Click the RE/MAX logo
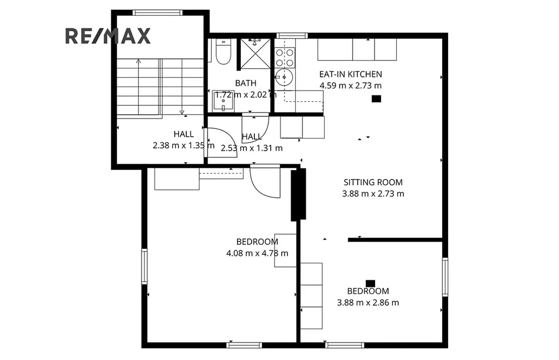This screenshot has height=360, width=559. click(x=108, y=36)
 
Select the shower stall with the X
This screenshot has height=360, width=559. click(x=255, y=53)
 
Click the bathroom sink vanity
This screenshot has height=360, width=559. click(x=223, y=101)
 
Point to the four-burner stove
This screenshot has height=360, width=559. click(x=285, y=58)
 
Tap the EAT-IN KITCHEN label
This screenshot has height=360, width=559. click(x=350, y=74)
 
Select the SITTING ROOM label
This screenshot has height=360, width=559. click(x=373, y=182)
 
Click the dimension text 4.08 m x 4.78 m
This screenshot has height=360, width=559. click(x=257, y=253)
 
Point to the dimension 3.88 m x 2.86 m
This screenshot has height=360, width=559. click(x=368, y=303)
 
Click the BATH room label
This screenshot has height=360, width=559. click(x=246, y=83)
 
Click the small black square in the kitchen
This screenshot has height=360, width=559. click(x=376, y=99)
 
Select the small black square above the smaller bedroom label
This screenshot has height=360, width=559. click(x=371, y=284)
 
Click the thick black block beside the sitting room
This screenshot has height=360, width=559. click(x=299, y=194)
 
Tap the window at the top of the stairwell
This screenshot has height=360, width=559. click(x=157, y=13)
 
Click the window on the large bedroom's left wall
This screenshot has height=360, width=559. click(x=144, y=266)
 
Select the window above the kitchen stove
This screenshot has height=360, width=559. click(x=292, y=35)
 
